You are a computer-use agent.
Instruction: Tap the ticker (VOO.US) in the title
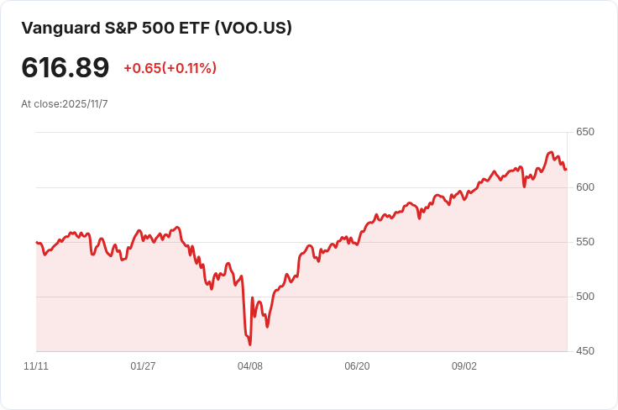click(253, 28)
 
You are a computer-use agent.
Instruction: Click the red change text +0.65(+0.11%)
click(170, 68)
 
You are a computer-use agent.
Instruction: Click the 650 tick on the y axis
click(584, 132)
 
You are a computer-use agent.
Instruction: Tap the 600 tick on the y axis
click(584, 187)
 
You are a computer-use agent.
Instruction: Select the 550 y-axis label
click(584, 242)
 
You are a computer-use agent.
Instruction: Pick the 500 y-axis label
click(584, 297)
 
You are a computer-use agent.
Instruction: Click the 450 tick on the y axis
click(584, 351)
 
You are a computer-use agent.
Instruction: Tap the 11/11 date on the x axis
click(36, 366)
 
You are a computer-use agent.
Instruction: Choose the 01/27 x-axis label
click(143, 366)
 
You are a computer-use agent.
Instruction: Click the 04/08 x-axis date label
click(250, 366)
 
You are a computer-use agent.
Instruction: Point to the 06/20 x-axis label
click(357, 366)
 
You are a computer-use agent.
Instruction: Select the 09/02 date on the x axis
click(464, 366)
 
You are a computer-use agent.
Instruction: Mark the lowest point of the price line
click(250, 344)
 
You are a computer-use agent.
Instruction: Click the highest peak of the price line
click(551, 152)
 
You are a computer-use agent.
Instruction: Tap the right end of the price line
click(566, 170)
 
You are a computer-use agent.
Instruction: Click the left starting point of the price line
click(37, 242)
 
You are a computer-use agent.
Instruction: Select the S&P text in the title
click(125, 28)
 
